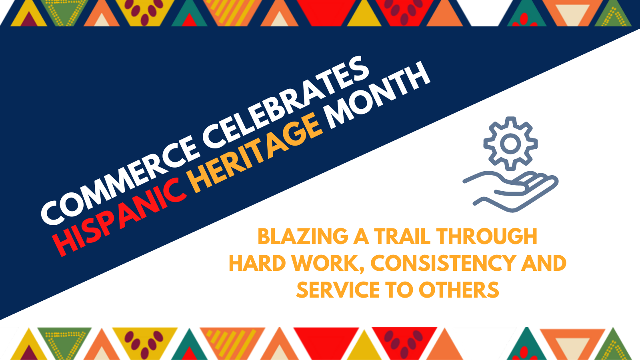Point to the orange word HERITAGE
tap(257, 151)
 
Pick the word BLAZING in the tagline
tap(303, 236)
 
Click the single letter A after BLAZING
tap(362, 236)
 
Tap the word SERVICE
tap(338, 290)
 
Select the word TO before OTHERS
tap(399, 290)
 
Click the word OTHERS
tap(459, 290)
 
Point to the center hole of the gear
tap(510, 144)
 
